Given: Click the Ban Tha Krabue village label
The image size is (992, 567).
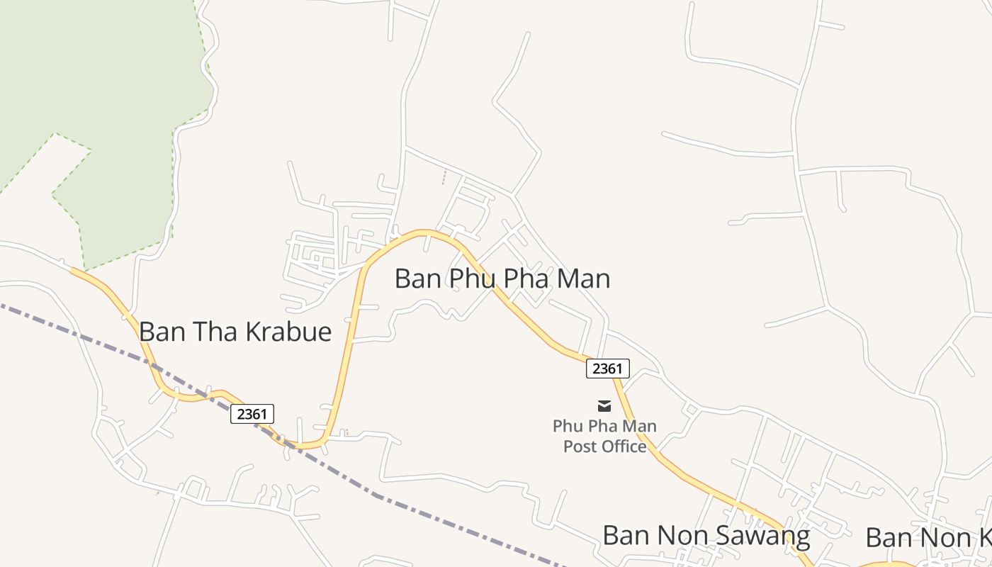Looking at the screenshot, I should pyautogui.click(x=235, y=332).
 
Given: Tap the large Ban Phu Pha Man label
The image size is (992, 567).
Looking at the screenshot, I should pyautogui.click(x=502, y=279).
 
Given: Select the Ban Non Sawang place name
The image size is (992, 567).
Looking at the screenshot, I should pyautogui.click(x=706, y=536).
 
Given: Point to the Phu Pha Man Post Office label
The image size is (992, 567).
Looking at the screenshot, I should pyautogui.click(x=604, y=436).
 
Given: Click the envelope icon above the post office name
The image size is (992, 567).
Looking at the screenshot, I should pyautogui.click(x=604, y=405).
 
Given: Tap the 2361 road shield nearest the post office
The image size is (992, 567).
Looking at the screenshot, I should pyautogui.click(x=607, y=369).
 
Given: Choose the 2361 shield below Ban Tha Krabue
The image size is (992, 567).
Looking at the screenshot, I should pyautogui.click(x=252, y=414).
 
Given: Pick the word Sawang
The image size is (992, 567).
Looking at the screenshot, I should pyautogui.click(x=768, y=536).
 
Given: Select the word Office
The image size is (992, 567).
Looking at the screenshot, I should pyautogui.click(x=622, y=447).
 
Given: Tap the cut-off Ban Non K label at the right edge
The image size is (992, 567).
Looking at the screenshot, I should pyautogui.click(x=928, y=538).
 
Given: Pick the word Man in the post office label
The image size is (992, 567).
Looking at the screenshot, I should pyautogui.click(x=640, y=427).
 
